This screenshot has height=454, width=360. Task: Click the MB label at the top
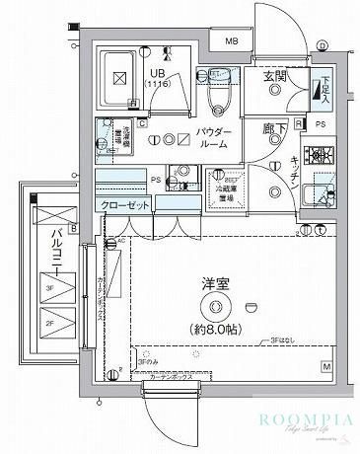[x=230, y=41]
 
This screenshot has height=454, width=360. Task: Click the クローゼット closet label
[x=123, y=205]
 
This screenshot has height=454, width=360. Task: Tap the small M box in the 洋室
[x=324, y=366]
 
